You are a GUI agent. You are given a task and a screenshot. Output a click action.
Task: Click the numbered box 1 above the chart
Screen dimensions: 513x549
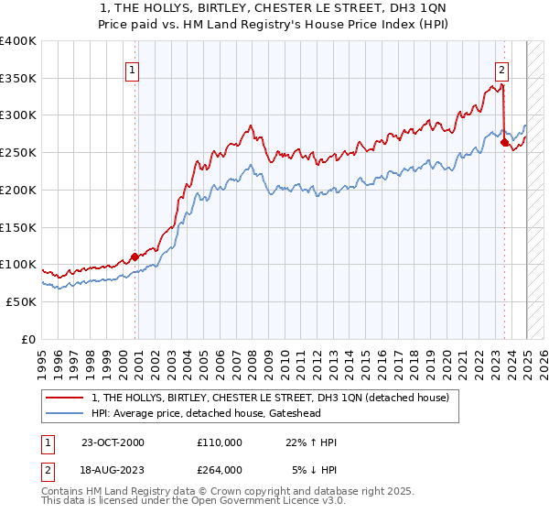[132, 69]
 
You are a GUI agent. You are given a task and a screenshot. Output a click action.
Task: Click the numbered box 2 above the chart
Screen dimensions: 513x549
[502, 69]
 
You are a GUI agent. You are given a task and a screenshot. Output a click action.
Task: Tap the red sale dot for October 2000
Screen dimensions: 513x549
[135, 256]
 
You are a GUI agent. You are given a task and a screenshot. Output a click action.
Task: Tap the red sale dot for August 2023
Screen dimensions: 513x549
[504, 142]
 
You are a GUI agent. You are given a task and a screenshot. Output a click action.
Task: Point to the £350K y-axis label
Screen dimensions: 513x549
[18, 79]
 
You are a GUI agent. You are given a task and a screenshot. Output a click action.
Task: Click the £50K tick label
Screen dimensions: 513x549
[22, 301]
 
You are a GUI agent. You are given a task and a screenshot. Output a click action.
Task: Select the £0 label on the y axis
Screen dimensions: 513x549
[29, 339]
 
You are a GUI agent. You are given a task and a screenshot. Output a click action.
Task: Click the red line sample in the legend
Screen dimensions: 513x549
[66, 398]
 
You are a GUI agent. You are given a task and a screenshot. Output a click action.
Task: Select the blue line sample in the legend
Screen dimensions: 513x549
[66, 414]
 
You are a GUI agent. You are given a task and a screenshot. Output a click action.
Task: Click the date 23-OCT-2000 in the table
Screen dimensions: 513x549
[113, 442]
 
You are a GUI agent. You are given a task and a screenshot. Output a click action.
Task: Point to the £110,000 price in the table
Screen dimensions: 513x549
[219, 442]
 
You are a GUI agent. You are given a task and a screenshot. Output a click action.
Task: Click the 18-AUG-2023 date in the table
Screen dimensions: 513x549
[113, 469]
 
